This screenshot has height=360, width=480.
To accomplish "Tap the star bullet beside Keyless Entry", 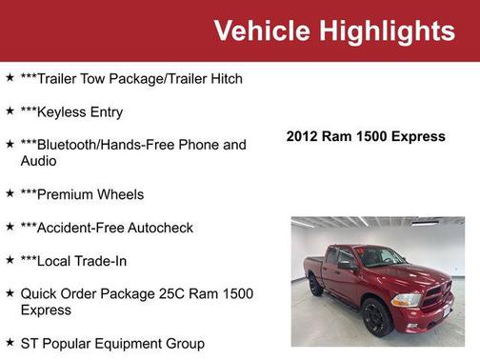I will [x=10, y=111].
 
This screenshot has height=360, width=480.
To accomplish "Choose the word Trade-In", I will [x=101, y=261].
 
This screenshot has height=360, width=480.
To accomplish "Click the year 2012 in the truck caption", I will [x=303, y=136].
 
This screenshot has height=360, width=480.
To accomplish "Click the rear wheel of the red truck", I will [x=316, y=286].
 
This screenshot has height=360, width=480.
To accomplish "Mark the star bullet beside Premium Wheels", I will [x=10, y=194].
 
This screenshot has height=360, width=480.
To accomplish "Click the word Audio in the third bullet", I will [x=39, y=161].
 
